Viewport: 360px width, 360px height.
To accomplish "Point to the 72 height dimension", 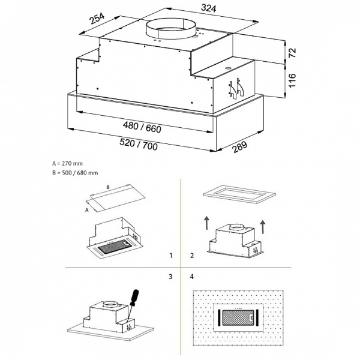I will [292, 53].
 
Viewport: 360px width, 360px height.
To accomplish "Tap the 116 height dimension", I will [292, 80].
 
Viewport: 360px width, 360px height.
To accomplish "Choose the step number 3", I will [172, 277].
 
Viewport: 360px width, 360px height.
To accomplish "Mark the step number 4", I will [192, 277].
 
